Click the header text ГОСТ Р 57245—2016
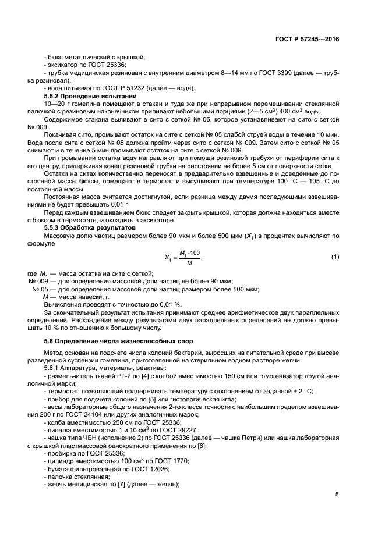(x=308, y=39)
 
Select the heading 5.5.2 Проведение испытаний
(x=90, y=95)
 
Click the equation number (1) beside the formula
(x=335, y=257)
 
